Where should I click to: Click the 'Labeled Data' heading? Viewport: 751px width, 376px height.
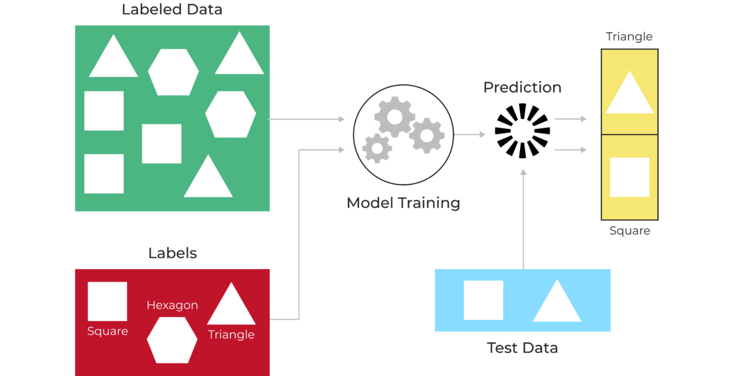click(172, 10)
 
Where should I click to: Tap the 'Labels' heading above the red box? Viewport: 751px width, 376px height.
click(172, 253)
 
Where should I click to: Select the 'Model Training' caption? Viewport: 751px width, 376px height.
click(403, 203)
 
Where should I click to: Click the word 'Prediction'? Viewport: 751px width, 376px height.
click(522, 88)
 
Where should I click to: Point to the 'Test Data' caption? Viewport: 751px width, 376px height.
click(522, 348)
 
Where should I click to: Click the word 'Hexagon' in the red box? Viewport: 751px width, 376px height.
click(172, 305)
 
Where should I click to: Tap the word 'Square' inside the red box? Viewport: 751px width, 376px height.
click(108, 332)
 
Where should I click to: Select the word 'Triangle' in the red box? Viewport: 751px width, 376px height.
click(231, 335)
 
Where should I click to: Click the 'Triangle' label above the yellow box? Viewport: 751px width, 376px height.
click(629, 37)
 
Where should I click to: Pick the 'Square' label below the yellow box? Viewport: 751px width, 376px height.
click(630, 231)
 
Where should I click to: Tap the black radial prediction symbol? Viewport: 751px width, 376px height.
click(522, 131)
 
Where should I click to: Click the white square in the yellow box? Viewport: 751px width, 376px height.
click(630, 177)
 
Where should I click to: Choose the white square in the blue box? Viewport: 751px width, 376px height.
click(483, 300)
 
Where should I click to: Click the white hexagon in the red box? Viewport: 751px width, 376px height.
click(172, 340)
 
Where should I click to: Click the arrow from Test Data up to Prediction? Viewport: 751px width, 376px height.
click(523, 219)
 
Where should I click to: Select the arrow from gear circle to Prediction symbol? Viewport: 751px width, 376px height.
click(470, 134)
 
